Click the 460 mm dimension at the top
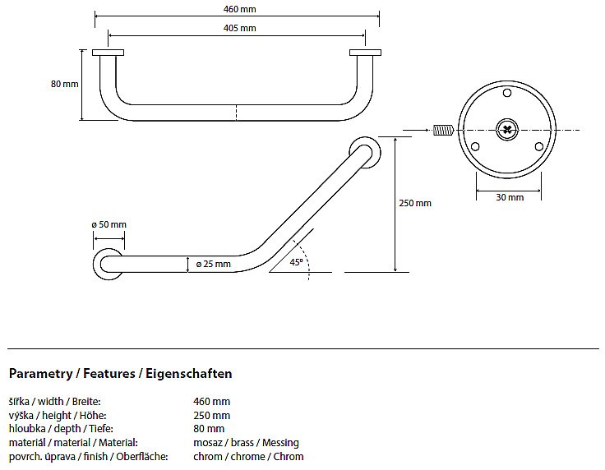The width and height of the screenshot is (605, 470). pyautogui.click(x=237, y=9)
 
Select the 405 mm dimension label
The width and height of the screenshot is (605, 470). pyautogui.click(x=239, y=28)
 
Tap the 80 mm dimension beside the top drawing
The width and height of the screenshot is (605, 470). pyautogui.click(x=64, y=84)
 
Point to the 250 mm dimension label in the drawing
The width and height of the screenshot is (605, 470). pyautogui.click(x=416, y=203)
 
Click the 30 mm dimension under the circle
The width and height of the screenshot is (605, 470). pyautogui.click(x=510, y=197)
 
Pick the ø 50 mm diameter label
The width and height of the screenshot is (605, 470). pyautogui.click(x=109, y=224)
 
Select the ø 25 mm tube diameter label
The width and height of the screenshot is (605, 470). pyautogui.click(x=213, y=264)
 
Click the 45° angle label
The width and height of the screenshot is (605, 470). pyautogui.click(x=297, y=262)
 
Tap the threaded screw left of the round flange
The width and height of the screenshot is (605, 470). pyautogui.click(x=443, y=129)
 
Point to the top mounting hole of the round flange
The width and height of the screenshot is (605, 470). pyautogui.click(x=507, y=94)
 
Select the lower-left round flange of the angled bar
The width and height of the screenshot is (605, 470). pyautogui.click(x=108, y=264)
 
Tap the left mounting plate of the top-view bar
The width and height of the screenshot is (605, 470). pyautogui.click(x=108, y=53)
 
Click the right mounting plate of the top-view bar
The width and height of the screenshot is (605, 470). pyautogui.click(x=365, y=53)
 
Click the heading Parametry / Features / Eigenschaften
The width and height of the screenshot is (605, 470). pyautogui.click(x=120, y=374)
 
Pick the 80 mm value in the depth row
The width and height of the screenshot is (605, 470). pyautogui.click(x=209, y=429)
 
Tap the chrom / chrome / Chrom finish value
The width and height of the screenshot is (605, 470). pyautogui.click(x=248, y=457)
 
